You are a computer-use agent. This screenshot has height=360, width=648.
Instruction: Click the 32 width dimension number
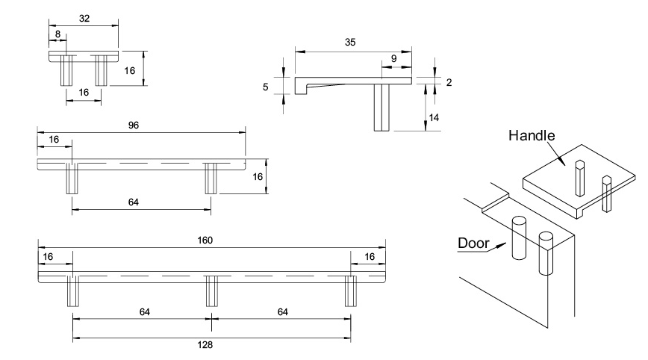84,19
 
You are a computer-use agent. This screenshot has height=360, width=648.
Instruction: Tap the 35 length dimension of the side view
350,43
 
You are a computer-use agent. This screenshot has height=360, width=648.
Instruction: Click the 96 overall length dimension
133,125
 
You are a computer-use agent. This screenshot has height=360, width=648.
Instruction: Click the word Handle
532,136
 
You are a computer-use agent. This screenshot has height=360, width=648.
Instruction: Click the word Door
473,243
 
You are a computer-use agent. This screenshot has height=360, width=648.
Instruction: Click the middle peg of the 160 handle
211,291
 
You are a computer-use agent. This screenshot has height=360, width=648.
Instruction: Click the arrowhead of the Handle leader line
564,162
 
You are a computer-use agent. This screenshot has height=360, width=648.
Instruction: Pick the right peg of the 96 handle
211,179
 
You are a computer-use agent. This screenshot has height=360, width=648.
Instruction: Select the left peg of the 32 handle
66,70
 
